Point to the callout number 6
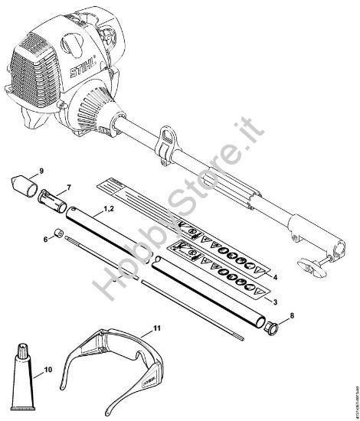pyautogui.click(x=45, y=240)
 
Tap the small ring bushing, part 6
pyautogui.click(x=58, y=233)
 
